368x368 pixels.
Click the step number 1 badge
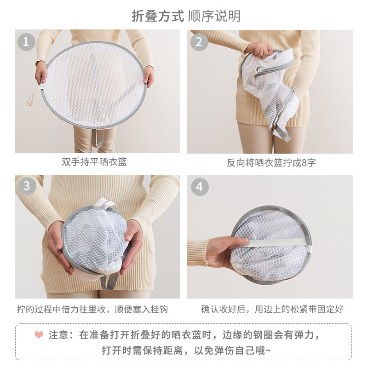(x=26, y=42)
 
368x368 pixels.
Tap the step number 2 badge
(x=199, y=42)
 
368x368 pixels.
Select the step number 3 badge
(x=27, y=186)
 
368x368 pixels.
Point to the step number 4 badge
(x=200, y=187)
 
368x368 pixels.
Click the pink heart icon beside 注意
(x=39, y=334)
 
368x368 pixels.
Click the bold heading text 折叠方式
(x=158, y=16)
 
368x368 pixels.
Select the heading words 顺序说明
(x=214, y=16)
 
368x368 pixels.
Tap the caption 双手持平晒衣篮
(x=94, y=162)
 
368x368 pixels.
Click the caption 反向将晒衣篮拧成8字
(x=271, y=162)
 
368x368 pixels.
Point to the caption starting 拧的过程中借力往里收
(x=92, y=309)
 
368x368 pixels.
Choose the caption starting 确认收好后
(x=272, y=309)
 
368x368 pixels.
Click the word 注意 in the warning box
(x=58, y=335)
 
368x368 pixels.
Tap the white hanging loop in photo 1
(x=34, y=97)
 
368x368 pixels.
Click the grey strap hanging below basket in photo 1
(x=98, y=138)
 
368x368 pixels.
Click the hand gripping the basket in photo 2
(x=259, y=51)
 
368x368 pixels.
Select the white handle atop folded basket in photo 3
(x=105, y=204)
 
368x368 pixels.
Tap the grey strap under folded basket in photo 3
(x=110, y=281)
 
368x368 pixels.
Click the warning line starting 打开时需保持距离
(x=186, y=351)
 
